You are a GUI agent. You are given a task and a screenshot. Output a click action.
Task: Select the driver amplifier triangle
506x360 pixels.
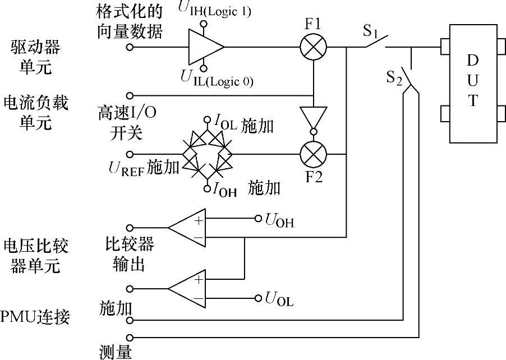205,48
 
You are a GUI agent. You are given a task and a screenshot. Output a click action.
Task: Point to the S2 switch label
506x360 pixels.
394,78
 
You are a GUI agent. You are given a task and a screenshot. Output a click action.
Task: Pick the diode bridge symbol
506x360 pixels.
207,153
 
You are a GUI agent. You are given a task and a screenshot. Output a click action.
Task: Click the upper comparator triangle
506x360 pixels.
188,228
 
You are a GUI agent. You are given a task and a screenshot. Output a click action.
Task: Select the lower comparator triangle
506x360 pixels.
188,288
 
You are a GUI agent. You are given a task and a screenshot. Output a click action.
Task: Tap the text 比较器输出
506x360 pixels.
129,254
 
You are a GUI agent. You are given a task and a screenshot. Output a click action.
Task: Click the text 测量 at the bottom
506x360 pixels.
115,352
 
